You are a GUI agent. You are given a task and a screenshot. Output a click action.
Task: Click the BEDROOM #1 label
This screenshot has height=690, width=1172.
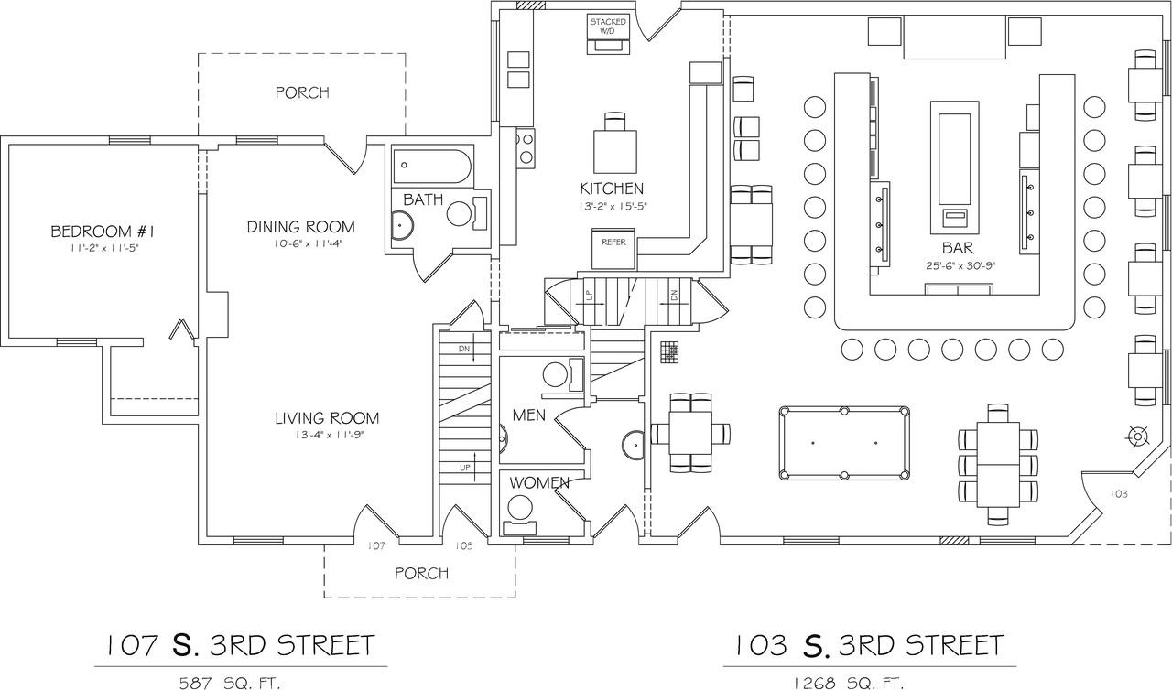pyautogui.click(x=103, y=231)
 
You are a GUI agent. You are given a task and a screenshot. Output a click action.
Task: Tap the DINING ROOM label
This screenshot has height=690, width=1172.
pyautogui.click(x=301, y=227)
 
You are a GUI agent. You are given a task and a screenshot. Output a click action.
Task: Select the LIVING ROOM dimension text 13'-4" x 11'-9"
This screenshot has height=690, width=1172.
pyautogui.click(x=327, y=435)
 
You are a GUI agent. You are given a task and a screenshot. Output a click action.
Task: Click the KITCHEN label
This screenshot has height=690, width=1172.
pyautogui.click(x=611, y=189)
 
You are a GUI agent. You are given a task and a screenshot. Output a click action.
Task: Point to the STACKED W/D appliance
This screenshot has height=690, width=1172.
pyautogui.click(x=607, y=33)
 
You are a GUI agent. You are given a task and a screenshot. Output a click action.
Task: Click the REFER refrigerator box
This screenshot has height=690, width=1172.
pyautogui.click(x=613, y=249)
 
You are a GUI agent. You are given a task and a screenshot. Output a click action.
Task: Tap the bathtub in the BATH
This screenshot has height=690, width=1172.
pyautogui.click(x=432, y=167)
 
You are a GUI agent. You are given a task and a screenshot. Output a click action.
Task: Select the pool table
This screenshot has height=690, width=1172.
pyautogui.click(x=844, y=443)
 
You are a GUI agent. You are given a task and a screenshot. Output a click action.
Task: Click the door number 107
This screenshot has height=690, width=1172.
pyautogui.click(x=376, y=545)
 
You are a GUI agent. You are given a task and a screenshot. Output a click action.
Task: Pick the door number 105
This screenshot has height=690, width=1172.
pyautogui.click(x=464, y=545)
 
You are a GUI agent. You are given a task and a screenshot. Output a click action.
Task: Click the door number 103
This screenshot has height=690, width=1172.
pyautogui.click(x=1118, y=494)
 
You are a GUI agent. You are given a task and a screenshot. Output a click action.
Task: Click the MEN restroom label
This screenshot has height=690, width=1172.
pyautogui.click(x=529, y=415)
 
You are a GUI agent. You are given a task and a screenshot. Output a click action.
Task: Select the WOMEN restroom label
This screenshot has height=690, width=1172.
pyautogui.click(x=539, y=483)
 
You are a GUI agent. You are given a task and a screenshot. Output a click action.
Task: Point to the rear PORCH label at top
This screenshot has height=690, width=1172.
pyautogui.click(x=302, y=92)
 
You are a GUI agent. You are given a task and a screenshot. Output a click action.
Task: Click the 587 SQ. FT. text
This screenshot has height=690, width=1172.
pyautogui.click(x=230, y=684)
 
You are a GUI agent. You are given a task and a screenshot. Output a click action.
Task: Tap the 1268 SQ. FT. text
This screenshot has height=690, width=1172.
pyautogui.click(x=849, y=684)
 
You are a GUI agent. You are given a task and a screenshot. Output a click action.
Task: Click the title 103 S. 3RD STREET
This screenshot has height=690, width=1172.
pyautogui.click(x=869, y=645)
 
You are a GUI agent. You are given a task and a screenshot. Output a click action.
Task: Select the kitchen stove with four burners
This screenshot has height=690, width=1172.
pyautogui.click(x=526, y=148)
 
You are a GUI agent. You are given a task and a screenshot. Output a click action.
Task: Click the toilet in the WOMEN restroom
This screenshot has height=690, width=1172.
pyautogui.click(x=519, y=515)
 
